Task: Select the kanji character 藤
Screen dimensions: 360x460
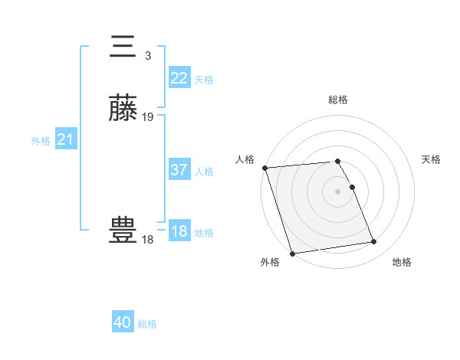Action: pos(123,109)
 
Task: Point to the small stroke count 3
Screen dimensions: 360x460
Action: pos(147,55)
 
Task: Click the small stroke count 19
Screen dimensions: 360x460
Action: pos(148,117)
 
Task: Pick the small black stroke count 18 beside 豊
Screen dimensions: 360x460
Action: pos(147,240)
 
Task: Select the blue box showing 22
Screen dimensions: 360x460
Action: pos(179,78)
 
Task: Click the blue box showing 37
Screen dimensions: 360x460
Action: pos(179,170)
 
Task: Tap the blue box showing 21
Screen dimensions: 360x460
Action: pos(66,139)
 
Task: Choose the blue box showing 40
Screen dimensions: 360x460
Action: pos(123,322)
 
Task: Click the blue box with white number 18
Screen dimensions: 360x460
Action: pos(179,231)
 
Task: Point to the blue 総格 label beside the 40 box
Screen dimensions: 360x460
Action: pos(147,324)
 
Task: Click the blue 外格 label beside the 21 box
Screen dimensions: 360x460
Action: pos(41,141)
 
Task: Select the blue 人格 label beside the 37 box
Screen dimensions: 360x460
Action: pos(205,172)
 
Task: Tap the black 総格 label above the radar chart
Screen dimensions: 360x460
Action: pos(338,100)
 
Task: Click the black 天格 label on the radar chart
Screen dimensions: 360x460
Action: pos(432,159)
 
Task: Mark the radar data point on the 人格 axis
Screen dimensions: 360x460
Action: pos(264,168)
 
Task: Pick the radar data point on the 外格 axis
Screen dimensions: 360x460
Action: pos(292,254)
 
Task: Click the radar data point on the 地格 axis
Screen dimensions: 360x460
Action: pos(374,242)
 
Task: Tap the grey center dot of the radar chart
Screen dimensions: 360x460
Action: pos(338,191)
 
